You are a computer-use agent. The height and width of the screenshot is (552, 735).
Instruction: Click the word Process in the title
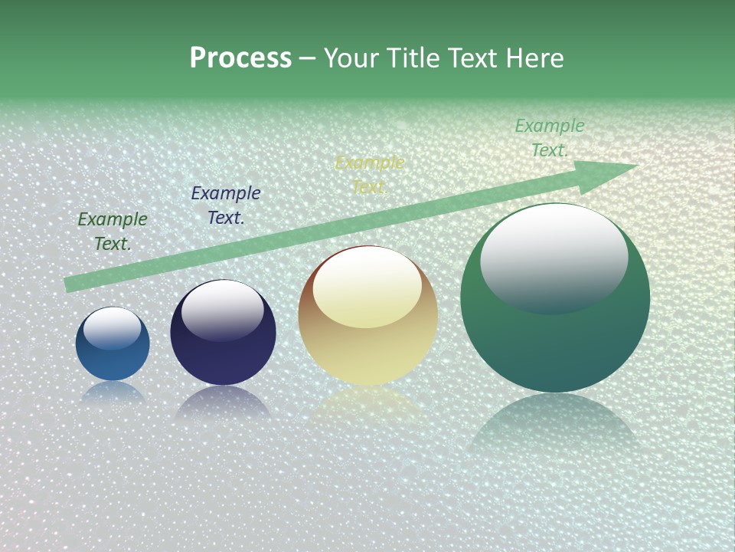pos(240,58)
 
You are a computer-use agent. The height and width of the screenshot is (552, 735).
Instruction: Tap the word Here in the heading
pos(534,58)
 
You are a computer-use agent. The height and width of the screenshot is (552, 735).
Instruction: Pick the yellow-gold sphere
pos(367,353)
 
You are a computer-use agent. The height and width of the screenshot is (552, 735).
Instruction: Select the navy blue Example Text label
pos(226,205)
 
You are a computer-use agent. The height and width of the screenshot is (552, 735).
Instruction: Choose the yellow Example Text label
pos(370,175)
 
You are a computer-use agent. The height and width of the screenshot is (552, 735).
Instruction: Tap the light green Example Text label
pos(550,138)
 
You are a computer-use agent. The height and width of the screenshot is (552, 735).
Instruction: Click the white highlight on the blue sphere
pos(112,328)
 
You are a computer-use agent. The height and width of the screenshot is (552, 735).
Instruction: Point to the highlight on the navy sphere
pos(222,310)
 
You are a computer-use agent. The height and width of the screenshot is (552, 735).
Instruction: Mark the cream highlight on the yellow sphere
pos(367,287)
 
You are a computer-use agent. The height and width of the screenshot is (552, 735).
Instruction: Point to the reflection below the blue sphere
pos(113,393)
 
